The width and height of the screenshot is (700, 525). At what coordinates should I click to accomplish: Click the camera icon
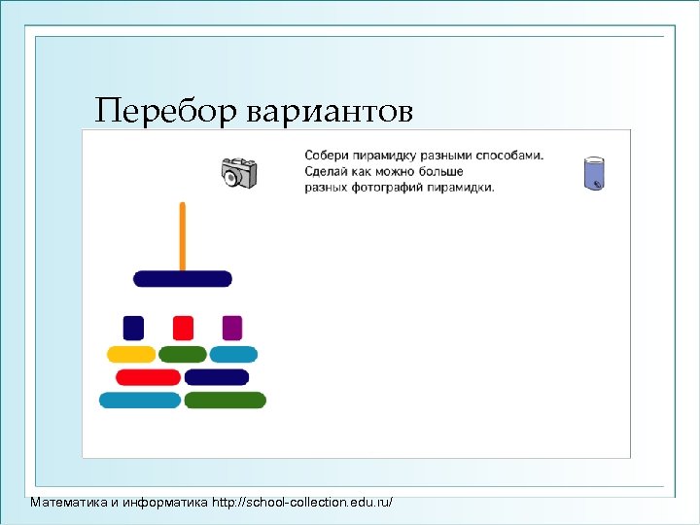[x=238, y=173]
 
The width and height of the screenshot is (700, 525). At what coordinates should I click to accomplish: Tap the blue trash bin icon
[x=594, y=172]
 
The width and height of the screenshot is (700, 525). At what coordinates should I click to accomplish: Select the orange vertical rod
[x=182, y=235]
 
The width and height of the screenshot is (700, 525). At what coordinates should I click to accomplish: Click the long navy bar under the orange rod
[x=183, y=279]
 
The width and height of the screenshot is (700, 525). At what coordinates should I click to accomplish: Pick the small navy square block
[x=133, y=328]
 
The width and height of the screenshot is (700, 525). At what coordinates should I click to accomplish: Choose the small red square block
[x=183, y=328]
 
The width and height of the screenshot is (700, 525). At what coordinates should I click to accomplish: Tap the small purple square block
[x=231, y=328]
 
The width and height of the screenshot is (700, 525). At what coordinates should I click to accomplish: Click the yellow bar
[x=131, y=354]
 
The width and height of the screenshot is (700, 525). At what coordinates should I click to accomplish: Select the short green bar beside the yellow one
[x=183, y=354]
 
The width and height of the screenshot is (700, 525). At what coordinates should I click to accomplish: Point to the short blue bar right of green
[x=233, y=354]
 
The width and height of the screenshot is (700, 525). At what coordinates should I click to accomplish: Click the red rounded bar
[x=148, y=377]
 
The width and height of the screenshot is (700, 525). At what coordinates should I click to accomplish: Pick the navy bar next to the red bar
[x=217, y=377]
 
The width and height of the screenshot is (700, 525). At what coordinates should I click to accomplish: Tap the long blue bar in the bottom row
[x=140, y=400]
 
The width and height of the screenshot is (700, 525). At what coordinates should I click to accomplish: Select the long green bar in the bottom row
[x=225, y=400]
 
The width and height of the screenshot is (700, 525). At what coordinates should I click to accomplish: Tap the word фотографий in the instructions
[x=388, y=187]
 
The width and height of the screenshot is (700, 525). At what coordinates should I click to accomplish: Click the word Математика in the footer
[x=69, y=503]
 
